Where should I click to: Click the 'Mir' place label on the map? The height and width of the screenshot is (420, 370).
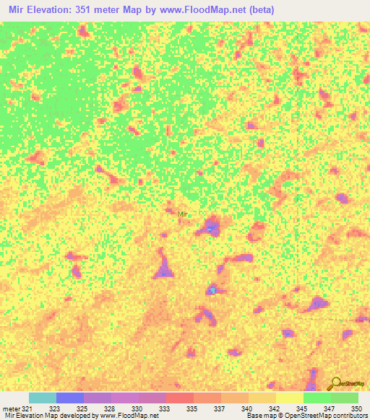pos(183,214)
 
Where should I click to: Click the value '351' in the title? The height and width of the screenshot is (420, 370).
pos(83,9)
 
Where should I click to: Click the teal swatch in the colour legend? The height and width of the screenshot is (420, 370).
pos(43,398)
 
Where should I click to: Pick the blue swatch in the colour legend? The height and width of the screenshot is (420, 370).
pos(70,398)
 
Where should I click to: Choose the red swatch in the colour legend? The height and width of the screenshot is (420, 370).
pos(180,398)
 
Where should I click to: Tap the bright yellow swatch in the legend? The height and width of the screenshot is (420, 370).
pos(290,398)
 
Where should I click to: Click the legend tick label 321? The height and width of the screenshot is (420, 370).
pos(26,409)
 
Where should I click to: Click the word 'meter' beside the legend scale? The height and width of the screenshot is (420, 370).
pos(10,409)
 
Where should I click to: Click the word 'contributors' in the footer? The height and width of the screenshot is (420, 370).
pos(350,416)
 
